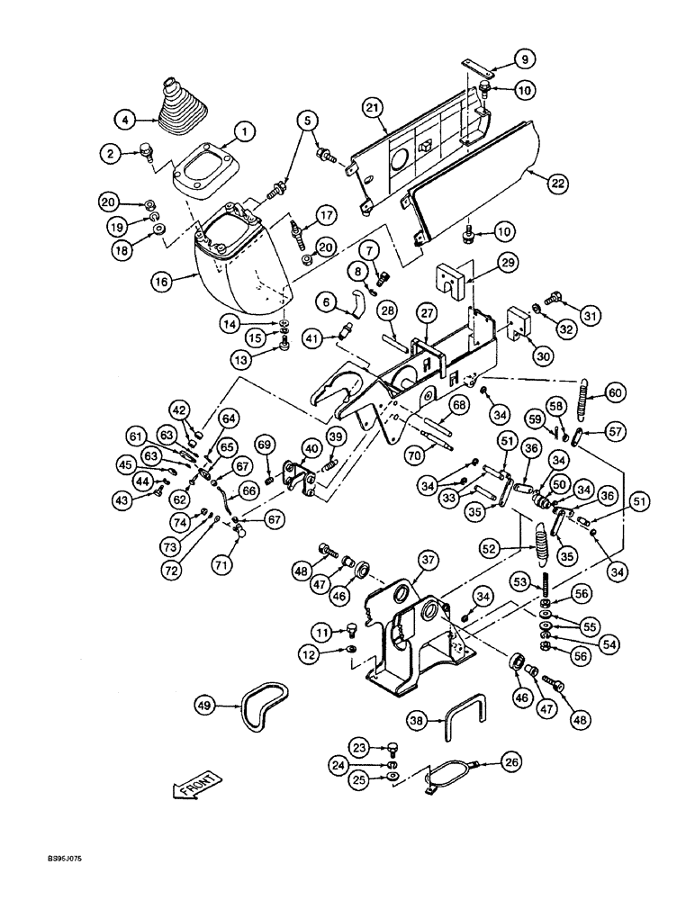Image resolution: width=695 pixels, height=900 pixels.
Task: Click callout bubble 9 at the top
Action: (x=526, y=59)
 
